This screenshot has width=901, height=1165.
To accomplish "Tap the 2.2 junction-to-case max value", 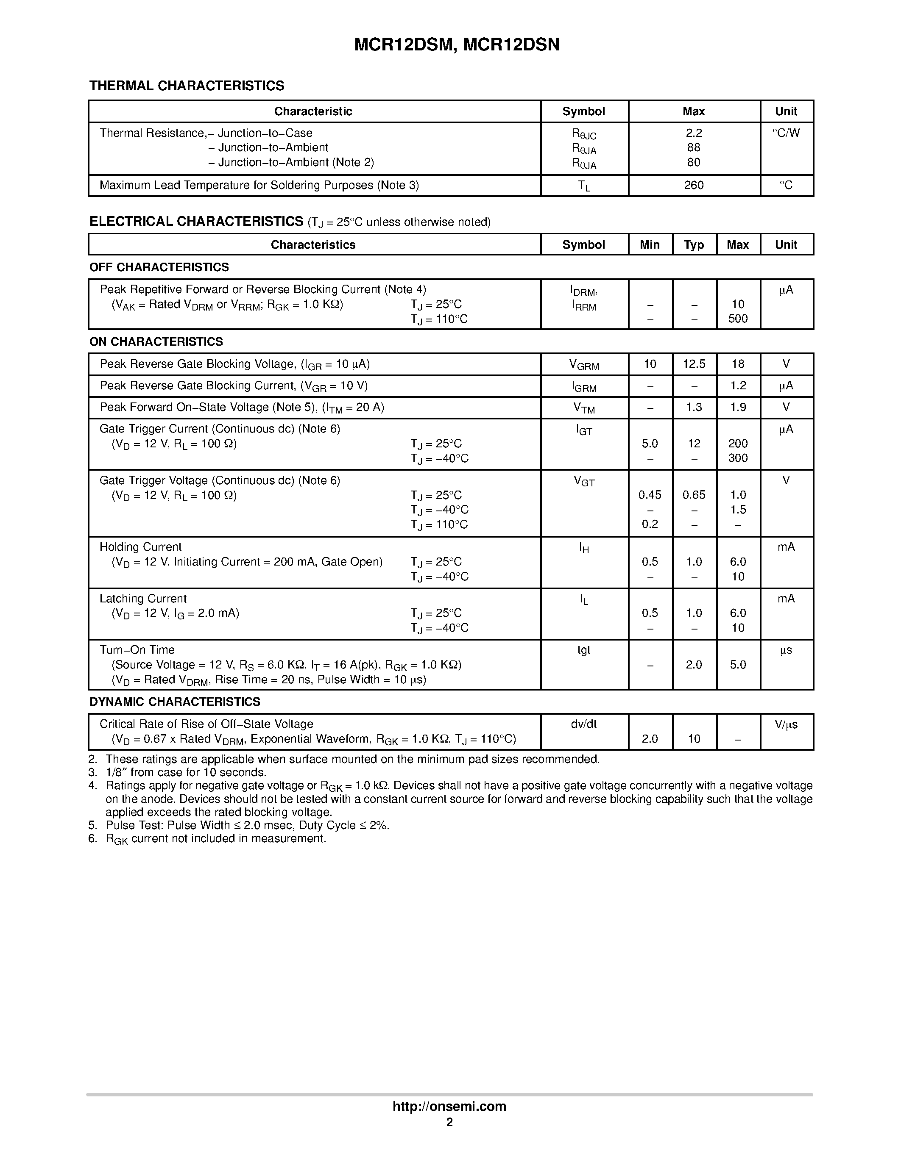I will tap(693, 133).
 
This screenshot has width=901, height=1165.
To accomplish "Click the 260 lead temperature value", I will tap(693, 185).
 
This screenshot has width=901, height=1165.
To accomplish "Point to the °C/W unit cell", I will tap(786, 133).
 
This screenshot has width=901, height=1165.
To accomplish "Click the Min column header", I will tap(650, 245).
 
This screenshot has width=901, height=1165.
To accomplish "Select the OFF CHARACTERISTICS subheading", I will tap(159, 267).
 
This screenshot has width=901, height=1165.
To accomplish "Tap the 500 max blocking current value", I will tap(738, 319).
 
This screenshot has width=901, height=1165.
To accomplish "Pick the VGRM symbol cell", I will tap(583, 365).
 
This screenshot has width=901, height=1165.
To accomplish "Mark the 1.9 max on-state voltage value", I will tap(738, 407).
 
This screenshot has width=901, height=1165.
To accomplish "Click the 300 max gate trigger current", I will tap(738, 458).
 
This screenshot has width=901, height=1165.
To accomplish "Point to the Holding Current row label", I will tap(140, 547).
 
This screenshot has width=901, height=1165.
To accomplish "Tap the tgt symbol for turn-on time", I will tap(583, 650).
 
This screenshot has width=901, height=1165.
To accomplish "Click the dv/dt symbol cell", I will tap(583, 724).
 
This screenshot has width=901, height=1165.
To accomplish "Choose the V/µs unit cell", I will tap(786, 724).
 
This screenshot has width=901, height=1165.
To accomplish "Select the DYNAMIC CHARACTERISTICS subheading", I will tap(175, 702).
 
